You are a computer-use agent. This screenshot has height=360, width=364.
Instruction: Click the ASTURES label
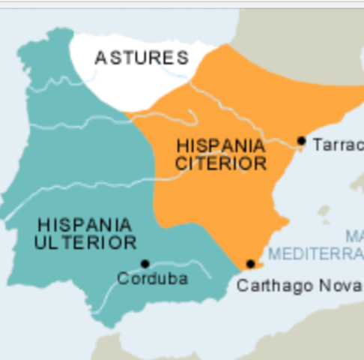142,58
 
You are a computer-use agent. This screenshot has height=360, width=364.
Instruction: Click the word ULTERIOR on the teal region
85,242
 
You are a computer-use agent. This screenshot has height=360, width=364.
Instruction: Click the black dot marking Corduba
145,263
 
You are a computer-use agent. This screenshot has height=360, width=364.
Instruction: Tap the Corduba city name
152,278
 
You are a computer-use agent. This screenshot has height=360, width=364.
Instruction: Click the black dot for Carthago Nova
250,263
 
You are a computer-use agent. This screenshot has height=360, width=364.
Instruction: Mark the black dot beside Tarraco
301,140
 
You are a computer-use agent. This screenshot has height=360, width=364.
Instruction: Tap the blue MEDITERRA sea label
315,253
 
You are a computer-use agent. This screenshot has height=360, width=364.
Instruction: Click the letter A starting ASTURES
100,58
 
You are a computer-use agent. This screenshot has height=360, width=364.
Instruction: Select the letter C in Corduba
122,278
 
